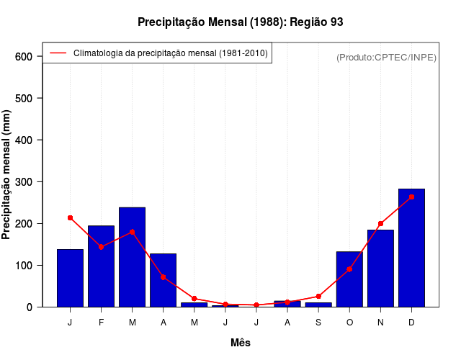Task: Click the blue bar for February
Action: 101,266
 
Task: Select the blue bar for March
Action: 132,257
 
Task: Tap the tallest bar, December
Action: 411,248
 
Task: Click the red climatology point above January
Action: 70,217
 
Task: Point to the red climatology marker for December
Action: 411,197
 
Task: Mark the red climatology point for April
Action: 163,276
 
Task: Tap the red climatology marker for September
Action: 318,297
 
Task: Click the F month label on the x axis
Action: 101,323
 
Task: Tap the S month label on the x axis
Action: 318,323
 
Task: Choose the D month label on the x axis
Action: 411,323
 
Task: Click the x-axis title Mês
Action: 241,343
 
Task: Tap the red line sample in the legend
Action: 58,53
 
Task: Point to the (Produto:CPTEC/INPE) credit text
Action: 386,57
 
